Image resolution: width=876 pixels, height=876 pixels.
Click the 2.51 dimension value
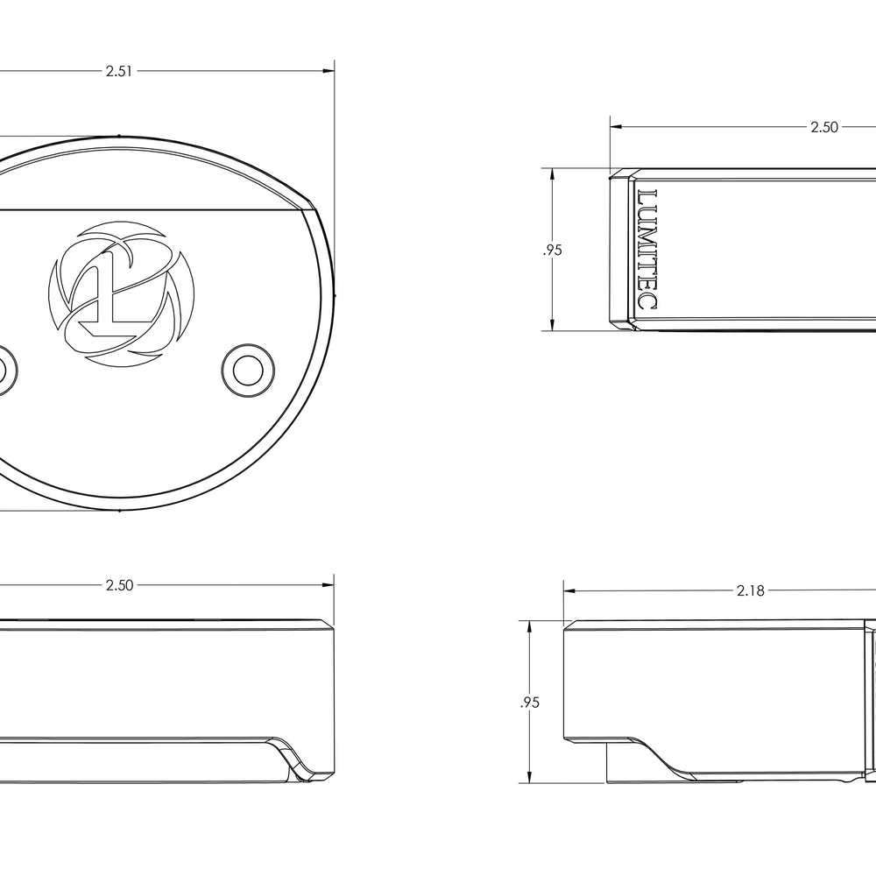coord(119,71)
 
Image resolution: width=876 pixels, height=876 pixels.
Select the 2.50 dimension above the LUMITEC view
coord(824,127)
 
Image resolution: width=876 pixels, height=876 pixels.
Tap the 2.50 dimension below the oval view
coord(119,585)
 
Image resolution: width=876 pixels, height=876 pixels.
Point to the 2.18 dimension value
coord(750,590)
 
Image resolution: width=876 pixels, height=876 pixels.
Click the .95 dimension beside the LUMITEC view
coord(552,251)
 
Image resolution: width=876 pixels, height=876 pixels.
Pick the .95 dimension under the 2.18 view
coord(529,703)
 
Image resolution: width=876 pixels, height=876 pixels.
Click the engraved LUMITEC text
coord(647,249)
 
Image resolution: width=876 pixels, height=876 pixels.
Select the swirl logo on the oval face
coord(121,294)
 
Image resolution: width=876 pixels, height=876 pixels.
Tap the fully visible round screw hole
coord(248,370)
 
